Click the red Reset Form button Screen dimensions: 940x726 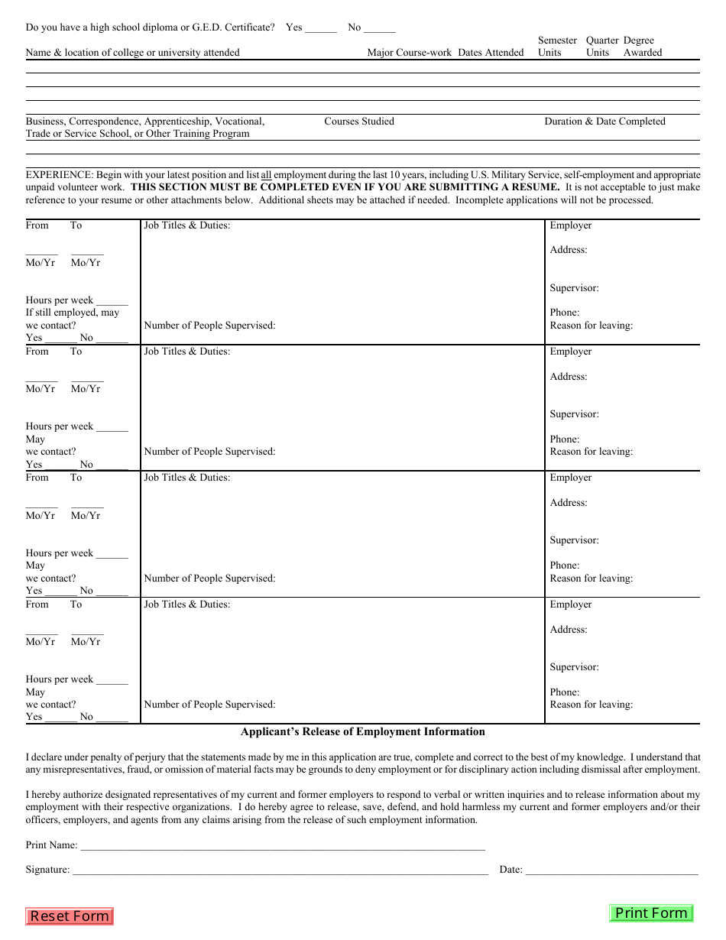[70, 916]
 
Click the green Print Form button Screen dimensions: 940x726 [651, 913]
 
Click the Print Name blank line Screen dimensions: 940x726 [282, 846]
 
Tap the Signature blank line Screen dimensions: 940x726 [280, 870]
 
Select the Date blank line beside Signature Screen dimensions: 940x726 [611, 870]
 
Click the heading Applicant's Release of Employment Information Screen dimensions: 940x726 [362, 732]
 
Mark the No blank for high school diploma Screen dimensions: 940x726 [379, 28]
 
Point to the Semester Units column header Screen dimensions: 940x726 [557, 47]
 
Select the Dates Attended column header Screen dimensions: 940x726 [491, 53]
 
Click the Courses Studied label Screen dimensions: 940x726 [359, 122]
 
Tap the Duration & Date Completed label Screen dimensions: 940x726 [604, 122]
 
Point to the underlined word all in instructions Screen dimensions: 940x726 [266, 175]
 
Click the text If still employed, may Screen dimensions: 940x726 [73, 313]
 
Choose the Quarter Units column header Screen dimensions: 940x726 [601, 47]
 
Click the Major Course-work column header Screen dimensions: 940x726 [409, 53]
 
